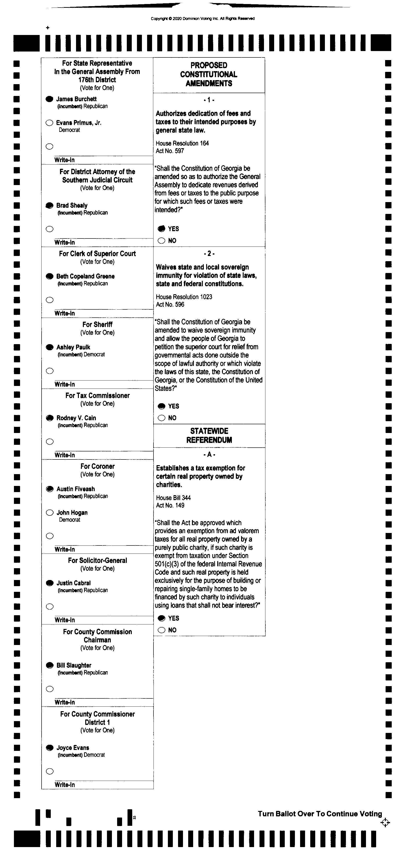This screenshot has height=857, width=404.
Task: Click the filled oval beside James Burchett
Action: click(x=49, y=99)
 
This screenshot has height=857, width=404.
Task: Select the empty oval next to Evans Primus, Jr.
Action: click(x=49, y=123)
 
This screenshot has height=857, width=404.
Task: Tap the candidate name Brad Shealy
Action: click(x=72, y=205)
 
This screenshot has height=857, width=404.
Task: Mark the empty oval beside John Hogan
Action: click(x=50, y=513)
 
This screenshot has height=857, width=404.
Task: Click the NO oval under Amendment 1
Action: click(x=162, y=241)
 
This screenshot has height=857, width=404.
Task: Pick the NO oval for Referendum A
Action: click(x=162, y=630)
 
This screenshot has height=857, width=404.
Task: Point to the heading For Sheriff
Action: click(x=97, y=324)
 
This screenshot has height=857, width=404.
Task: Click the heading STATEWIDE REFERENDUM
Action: click(x=209, y=436)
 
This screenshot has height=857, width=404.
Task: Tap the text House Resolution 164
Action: click(x=182, y=143)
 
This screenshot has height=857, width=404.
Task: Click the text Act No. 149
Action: click(x=170, y=505)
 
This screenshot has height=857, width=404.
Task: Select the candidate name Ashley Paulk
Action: click(x=73, y=347)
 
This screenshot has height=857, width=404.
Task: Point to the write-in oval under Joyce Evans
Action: click(x=50, y=771)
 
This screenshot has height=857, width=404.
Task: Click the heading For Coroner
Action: click(x=97, y=466)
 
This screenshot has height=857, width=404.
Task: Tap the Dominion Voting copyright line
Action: click(x=202, y=19)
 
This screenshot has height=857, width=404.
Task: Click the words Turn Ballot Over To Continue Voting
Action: click(x=320, y=814)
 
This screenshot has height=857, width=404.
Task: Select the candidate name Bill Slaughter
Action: click(x=74, y=665)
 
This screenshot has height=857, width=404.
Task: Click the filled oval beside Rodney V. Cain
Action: click(x=50, y=418)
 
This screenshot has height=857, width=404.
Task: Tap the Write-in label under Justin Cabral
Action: click(x=64, y=620)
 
